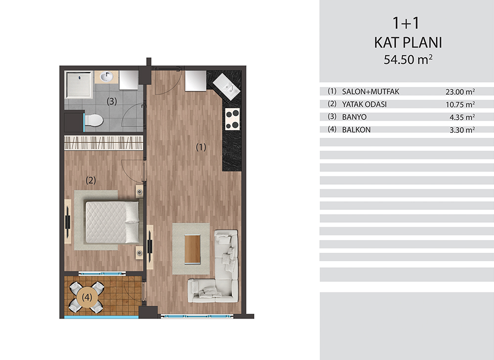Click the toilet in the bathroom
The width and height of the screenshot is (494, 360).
click(x=93, y=120)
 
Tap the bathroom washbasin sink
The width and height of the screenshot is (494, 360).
click(x=107, y=77)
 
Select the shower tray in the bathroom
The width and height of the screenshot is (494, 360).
click(x=79, y=84)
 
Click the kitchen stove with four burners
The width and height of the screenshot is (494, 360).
click(x=232, y=119)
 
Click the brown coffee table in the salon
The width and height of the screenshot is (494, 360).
click(x=193, y=249)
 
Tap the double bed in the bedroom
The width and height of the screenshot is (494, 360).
click(x=112, y=222)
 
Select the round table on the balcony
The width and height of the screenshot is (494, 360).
click(x=87, y=297)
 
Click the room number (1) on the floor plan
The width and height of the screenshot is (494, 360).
click(x=201, y=147)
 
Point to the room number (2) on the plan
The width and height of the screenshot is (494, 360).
click(x=91, y=180)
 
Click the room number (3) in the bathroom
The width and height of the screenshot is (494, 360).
click(x=112, y=101)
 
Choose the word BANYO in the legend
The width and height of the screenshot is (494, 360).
click(x=354, y=117)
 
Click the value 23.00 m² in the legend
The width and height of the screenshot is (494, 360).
click(x=460, y=92)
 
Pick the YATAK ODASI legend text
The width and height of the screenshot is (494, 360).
click(x=364, y=104)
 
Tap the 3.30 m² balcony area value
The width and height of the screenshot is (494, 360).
click(x=462, y=130)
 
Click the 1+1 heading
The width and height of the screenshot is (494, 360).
click(x=406, y=23)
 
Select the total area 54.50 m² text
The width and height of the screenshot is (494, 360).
click(x=408, y=60)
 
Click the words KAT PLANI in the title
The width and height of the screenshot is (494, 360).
click(x=408, y=42)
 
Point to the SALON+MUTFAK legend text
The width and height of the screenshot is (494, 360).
click(x=370, y=92)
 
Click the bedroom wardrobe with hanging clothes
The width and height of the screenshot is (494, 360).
click(x=104, y=143)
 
